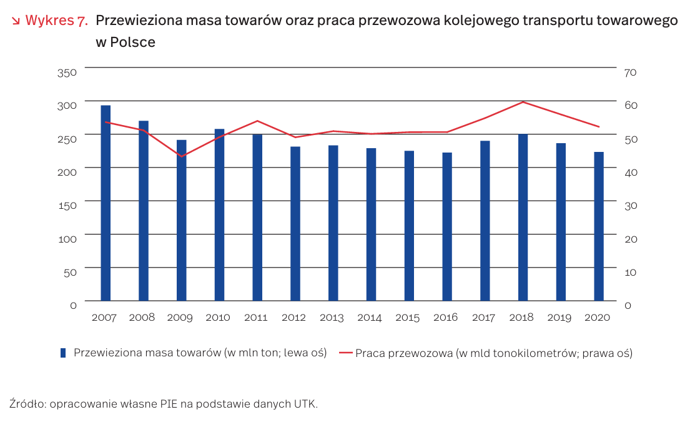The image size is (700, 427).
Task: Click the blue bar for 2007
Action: coord(106,203)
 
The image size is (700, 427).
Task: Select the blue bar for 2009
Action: coord(181,220)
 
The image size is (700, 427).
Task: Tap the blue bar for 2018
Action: coord(523,218)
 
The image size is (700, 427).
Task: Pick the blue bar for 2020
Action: coord(598,226)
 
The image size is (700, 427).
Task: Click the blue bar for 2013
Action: coord(333,223)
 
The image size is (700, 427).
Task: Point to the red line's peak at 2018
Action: coord(523,102)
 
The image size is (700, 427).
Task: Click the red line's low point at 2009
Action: coord(181,156)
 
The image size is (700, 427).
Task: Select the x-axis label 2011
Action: coord(256,318)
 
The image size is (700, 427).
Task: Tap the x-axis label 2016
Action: coord(446,318)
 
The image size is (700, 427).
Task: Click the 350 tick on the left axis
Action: coord(67,73)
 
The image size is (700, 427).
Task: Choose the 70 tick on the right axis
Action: coord(629,73)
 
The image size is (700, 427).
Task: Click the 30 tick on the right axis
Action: coord(629,205)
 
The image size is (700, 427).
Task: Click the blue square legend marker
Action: coord(63,353)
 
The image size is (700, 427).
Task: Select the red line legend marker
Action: coord(347,353)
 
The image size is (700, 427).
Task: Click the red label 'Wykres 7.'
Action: coord(56,21)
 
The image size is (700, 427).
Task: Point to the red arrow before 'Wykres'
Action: coord(16,21)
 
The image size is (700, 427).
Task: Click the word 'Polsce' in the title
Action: coord(134,43)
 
